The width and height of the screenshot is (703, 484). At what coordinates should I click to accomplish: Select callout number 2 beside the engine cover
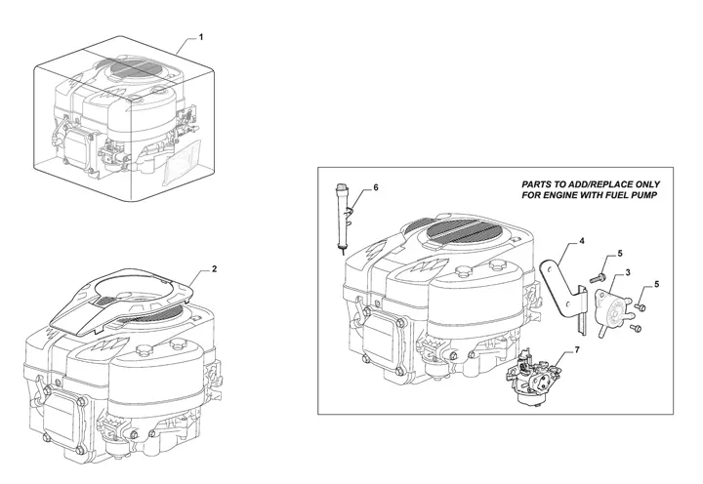pos(214,267)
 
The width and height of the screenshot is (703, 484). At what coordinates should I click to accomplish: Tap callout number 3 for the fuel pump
pos(627,271)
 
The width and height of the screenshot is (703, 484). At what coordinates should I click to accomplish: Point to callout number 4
pos(583,240)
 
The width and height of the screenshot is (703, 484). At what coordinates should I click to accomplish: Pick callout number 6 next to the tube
pos(376,186)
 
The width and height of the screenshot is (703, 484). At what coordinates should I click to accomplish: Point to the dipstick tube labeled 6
pos(343,215)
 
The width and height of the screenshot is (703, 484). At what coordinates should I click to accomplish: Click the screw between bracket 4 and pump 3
pos(595,280)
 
